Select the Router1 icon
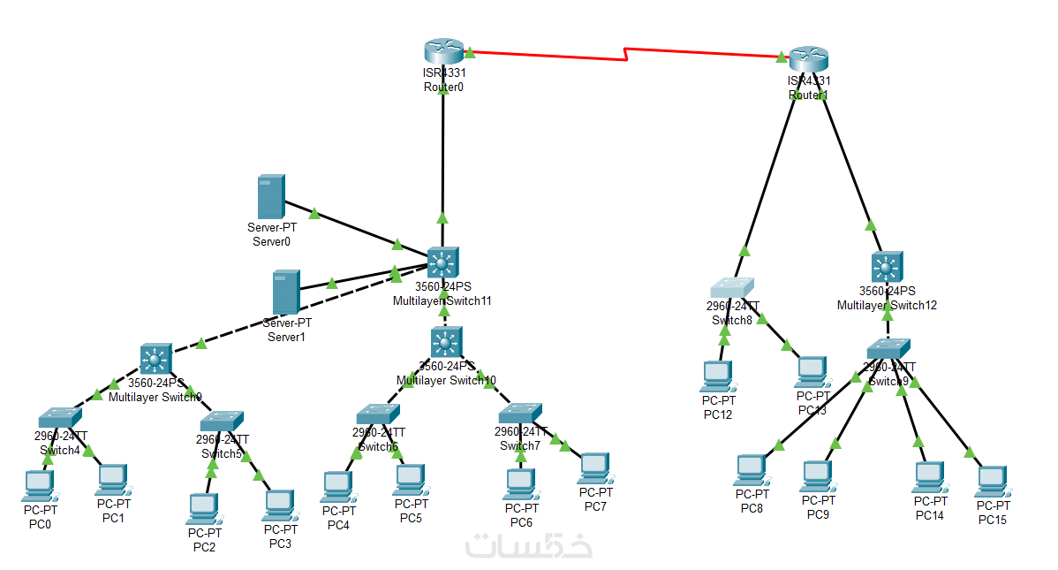808,58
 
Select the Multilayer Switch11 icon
442,262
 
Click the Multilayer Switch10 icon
447,341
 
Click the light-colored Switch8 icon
733,288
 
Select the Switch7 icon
520,413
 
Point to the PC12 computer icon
716,376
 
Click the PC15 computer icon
992,481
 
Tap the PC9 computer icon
818,476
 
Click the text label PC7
595,505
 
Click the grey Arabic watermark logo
529,544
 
